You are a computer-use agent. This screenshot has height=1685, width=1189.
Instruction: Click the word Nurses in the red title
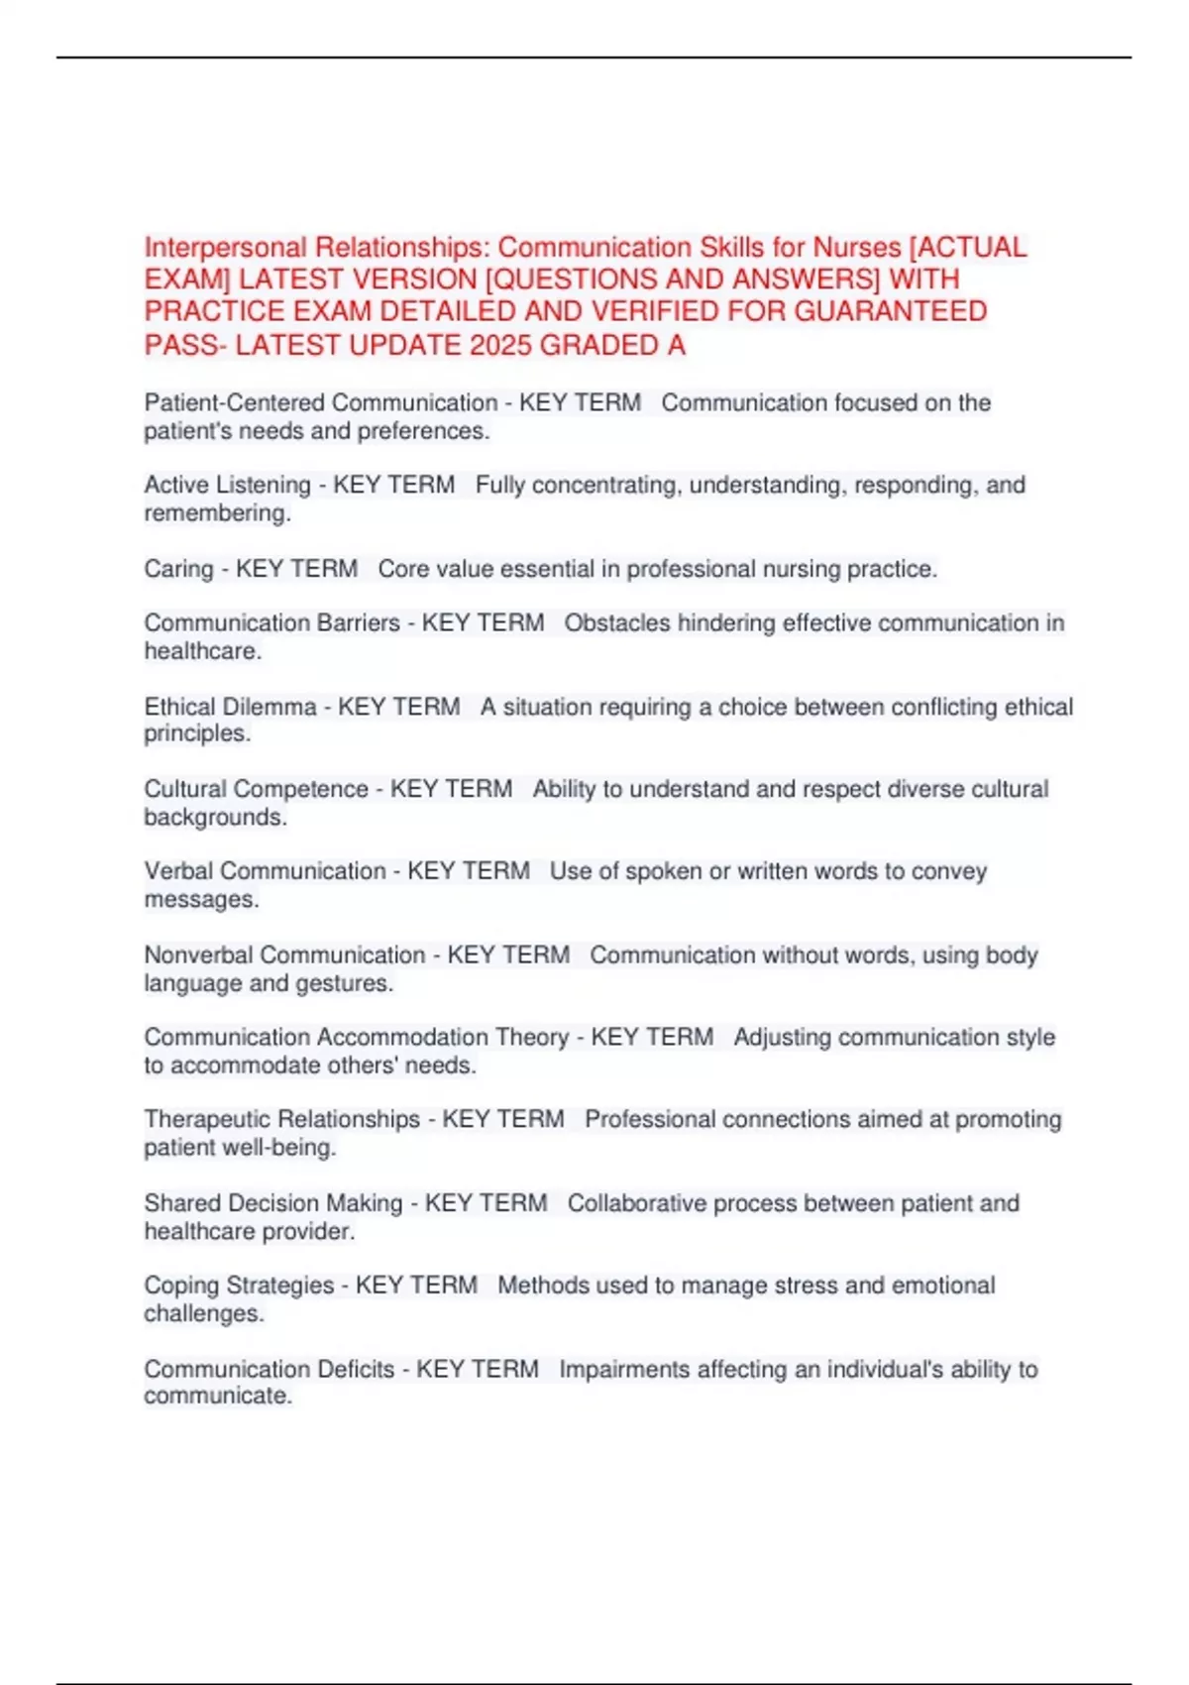click(x=857, y=247)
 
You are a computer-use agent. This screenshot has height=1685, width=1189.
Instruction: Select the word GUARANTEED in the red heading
click(x=891, y=311)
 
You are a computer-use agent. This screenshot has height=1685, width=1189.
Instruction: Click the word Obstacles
click(x=619, y=622)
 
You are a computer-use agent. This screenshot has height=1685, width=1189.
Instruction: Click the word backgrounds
click(x=215, y=818)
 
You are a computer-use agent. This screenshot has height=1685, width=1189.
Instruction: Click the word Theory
click(x=531, y=1037)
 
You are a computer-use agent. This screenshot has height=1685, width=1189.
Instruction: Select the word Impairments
click(x=624, y=1369)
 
